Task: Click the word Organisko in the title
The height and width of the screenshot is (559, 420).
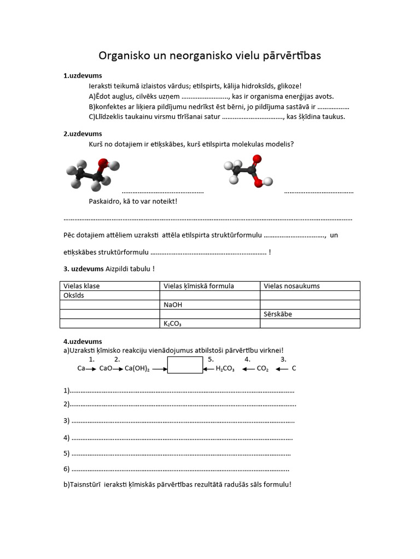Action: pos(121,56)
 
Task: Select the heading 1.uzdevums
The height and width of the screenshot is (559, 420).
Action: pos(83,76)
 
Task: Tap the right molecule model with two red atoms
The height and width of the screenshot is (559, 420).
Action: pos(248,171)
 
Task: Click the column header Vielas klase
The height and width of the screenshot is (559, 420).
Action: pos(81,286)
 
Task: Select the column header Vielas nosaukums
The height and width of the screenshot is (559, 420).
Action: pos(291,286)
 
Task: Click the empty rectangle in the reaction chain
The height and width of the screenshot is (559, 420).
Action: pos(185,365)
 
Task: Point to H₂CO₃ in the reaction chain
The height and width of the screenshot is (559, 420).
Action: pos(225,368)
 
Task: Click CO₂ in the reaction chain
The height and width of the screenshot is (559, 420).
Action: pos(262,368)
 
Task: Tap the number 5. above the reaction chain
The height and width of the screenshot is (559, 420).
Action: pos(211,359)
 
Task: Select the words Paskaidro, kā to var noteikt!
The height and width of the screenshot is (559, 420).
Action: pos(133,201)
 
